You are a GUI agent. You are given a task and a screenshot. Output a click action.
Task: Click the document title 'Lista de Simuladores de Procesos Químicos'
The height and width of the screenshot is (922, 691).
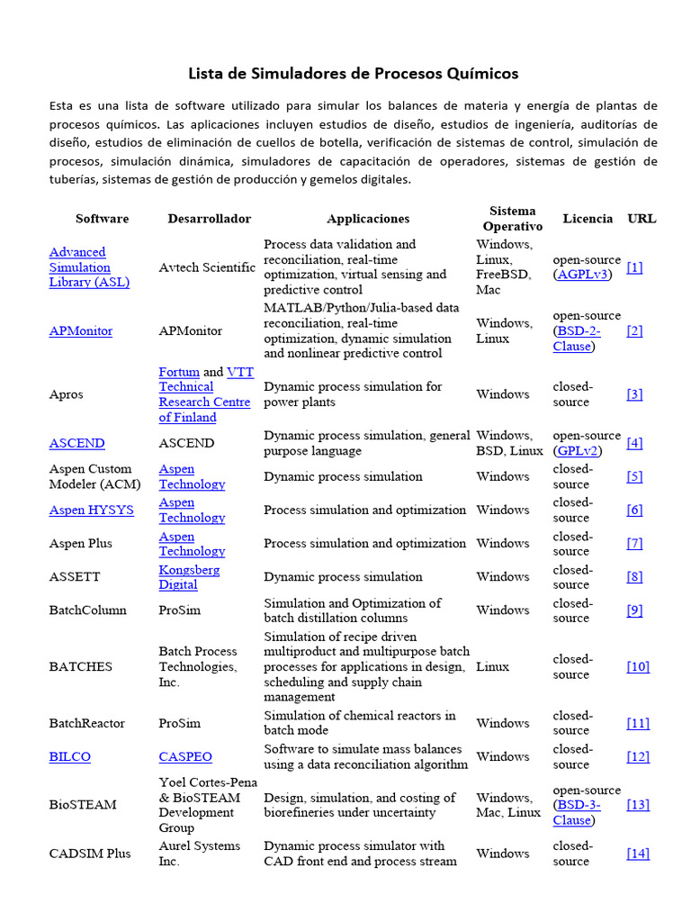[353, 73]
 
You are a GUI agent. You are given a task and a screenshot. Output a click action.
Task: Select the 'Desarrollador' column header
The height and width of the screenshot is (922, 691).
[209, 219]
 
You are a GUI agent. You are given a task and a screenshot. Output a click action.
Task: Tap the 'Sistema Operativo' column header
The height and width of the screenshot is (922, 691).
[512, 219]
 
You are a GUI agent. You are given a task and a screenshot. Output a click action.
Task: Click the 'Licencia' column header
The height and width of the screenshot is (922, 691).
[588, 219]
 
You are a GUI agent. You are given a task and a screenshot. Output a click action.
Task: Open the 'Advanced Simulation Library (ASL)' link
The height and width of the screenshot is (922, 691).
[89, 267]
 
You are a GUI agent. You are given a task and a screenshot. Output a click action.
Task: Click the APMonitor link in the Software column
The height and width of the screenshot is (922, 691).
[81, 331]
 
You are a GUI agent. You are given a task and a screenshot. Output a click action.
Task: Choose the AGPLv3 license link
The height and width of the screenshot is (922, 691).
[582, 275]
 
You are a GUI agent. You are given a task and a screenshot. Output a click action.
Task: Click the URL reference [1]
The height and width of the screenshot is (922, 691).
[634, 267]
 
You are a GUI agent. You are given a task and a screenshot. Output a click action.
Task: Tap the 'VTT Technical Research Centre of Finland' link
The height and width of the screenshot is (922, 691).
[204, 395]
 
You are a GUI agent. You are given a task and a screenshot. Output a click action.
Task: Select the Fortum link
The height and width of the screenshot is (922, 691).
[179, 372]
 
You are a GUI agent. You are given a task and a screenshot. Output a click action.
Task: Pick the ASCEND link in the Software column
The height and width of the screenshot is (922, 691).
[76, 443]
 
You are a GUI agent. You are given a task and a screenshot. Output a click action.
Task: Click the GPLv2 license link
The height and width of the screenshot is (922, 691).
[578, 450]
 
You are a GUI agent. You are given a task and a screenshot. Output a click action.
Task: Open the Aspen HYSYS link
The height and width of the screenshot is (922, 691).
[91, 510]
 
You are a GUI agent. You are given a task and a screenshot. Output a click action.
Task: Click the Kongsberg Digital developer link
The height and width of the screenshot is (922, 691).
[189, 577]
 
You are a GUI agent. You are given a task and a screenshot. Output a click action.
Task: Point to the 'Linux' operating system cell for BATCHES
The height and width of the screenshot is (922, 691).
[492, 667]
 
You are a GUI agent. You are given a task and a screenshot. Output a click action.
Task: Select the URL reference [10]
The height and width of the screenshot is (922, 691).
[638, 667]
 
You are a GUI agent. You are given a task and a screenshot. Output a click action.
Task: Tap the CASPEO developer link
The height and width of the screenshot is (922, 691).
[185, 757]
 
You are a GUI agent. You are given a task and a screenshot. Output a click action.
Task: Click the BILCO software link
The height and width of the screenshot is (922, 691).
[69, 757]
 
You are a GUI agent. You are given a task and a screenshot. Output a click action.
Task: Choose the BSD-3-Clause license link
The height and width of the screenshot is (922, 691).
[577, 812]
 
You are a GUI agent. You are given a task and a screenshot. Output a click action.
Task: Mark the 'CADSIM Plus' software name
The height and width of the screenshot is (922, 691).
[89, 854]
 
